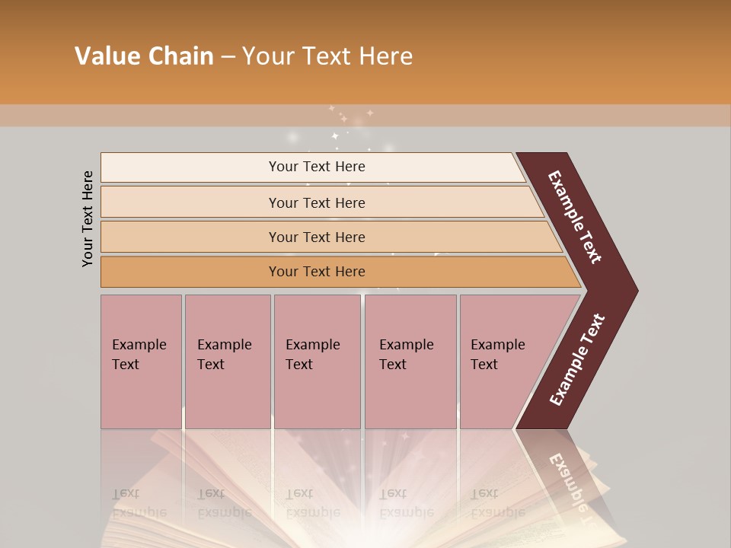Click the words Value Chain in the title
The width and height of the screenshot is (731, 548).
pyautogui.click(x=144, y=56)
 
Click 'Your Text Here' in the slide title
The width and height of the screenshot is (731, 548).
pyautogui.click(x=327, y=56)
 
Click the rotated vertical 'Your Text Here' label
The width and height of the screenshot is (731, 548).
pyautogui.click(x=88, y=218)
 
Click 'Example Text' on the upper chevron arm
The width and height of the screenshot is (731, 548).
pyautogui.click(x=575, y=217)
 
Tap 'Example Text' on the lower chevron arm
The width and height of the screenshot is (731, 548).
pyautogui.click(x=577, y=360)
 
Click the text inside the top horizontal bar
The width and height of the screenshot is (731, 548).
pyautogui.click(x=317, y=167)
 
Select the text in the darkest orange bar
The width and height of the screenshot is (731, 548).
pyautogui.click(x=317, y=272)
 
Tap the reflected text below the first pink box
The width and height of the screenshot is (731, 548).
pyautogui.click(x=139, y=502)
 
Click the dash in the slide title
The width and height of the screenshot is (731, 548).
pyautogui.click(x=228, y=56)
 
